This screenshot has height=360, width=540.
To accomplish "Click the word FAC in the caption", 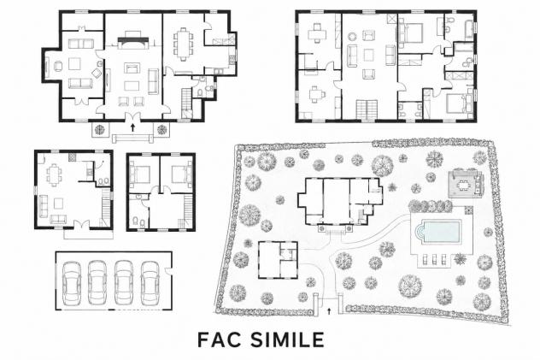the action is [x=220, y=339].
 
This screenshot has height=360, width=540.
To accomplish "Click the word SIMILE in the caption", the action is [x=287, y=339].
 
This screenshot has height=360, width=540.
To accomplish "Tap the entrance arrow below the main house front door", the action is [x=133, y=127].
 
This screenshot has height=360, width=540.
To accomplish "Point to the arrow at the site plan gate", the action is [x=329, y=311].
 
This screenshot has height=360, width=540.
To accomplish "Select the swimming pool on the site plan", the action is [x=438, y=233].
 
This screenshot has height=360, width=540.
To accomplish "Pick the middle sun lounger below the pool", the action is [x=435, y=259].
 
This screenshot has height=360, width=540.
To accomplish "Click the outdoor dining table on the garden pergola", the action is [x=464, y=185].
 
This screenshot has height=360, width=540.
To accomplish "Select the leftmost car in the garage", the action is [x=72, y=283].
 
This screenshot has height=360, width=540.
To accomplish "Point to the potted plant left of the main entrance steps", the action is [x=99, y=130].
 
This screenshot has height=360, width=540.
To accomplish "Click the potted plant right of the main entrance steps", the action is [x=161, y=130].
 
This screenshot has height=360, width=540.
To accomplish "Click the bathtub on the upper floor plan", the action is [x=469, y=30].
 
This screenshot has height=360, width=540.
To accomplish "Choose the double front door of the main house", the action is [x=133, y=117].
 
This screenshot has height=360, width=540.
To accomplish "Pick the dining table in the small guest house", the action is [x=54, y=174].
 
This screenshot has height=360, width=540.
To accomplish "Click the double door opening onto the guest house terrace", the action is [x=82, y=224].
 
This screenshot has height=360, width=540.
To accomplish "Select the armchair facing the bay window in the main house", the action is [x=59, y=66].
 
